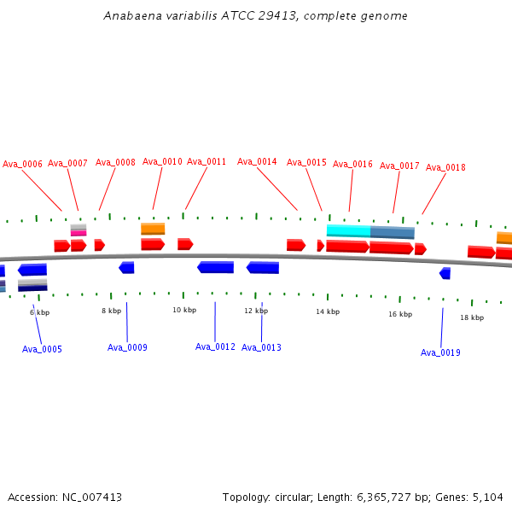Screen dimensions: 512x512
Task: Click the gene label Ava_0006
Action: pyautogui.click(x=22, y=164)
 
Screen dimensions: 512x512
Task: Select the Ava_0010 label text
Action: pyautogui.click(x=162, y=161)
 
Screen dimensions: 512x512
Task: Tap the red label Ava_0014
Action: pyautogui.click(x=257, y=161)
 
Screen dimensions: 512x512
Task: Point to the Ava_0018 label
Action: pyautogui.click(x=445, y=168)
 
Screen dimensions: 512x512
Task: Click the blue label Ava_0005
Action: pyautogui.click(x=42, y=349)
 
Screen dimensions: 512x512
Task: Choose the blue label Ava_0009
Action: pyautogui.click(x=127, y=347)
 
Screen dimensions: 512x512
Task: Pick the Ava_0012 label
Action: pyautogui.click(x=215, y=346)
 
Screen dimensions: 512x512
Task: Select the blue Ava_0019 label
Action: pyautogui.click(x=440, y=352)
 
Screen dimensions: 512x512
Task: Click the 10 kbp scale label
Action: pyautogui.click(x=184, y=310)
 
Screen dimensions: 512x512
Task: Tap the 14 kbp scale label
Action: pyautogui.click(x=328, y=311)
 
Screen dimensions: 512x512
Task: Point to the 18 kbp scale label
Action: pyautogui.click(x=472, y=317)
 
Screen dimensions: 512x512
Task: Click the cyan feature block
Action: pyautogui.click(x=348, y=230)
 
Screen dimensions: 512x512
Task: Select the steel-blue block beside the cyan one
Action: pyautogui.click(x=393, y=232)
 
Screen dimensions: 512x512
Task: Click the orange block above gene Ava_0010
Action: pyautogui.click(x=153, y=229)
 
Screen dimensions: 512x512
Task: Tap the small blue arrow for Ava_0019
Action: pyautogui.click(x=445, y=273)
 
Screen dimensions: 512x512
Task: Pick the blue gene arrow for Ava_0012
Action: pyautogui.click(x=215, y=267)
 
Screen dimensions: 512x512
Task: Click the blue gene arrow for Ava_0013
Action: pyautogui.click(x=263, y=268)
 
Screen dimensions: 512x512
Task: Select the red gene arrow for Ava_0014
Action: pyautogui.click(x=295, y=245)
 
